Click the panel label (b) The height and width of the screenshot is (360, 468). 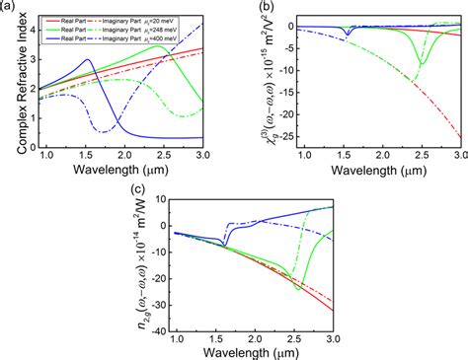[x=251, y=7]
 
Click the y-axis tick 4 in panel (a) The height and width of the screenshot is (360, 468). [x=31, y=31]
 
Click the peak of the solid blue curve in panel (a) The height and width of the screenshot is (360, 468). [x=89, y=60]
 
